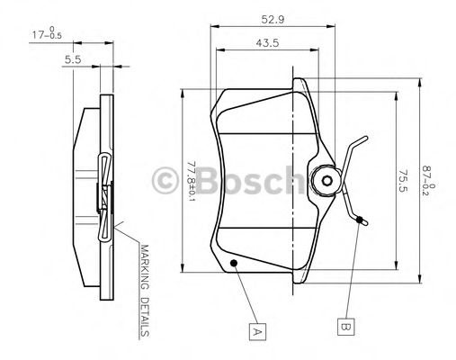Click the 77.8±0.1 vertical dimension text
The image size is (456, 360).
coord(191,181)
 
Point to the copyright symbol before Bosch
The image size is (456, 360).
coord(168,181)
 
